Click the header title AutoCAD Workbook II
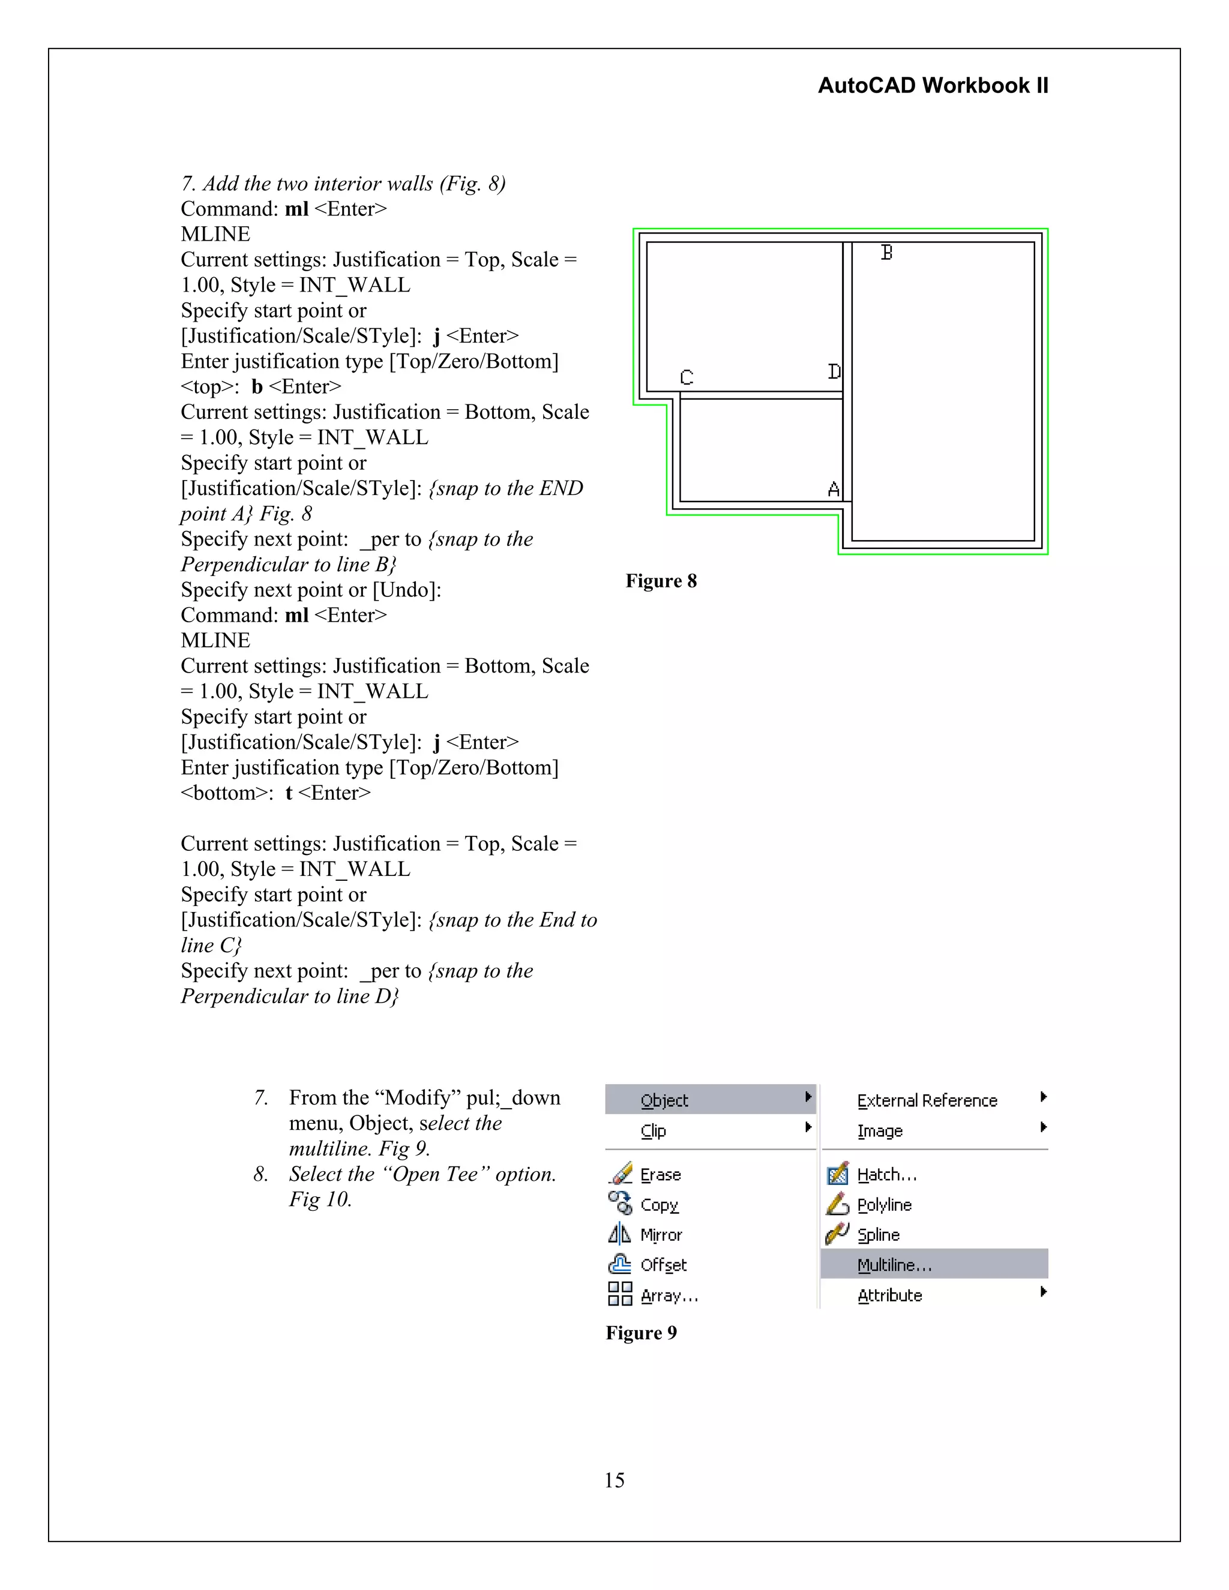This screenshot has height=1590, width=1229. pyautogui.click(x=933, y=86)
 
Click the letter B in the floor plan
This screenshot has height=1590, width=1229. pyautogui.click(x=886, y=253)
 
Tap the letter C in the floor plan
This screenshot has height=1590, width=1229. pyautogui.click(x=687, y=377)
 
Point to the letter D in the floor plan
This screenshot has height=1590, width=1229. pyautogui.click(x=834, y=372)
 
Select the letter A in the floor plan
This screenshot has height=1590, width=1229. pyautogui.click(x=834, y=489)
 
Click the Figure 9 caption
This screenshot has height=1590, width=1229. pyautogui.click(x=641, y=1332)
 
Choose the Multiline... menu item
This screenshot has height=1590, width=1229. pyautogui.click(x=894, y=1265)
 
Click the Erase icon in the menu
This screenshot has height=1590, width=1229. pyautogui.click(x=621, y=1174)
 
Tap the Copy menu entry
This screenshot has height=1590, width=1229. pyautogui.click(x=659, y=1205)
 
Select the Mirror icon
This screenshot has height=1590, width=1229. pyautogui.click(x=619, y=1234)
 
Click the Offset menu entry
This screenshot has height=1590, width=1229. pyautogui.click(x=663, y=1265)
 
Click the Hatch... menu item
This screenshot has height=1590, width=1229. pyautogui.click(x=887, y=1174)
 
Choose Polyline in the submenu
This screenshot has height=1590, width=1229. pyautogui.click(x=884, y=1205)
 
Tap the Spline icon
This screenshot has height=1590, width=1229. pyautogui.click(x=837, y=1234)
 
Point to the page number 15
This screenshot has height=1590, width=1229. pyautogui.click(x=614, y=1480)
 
